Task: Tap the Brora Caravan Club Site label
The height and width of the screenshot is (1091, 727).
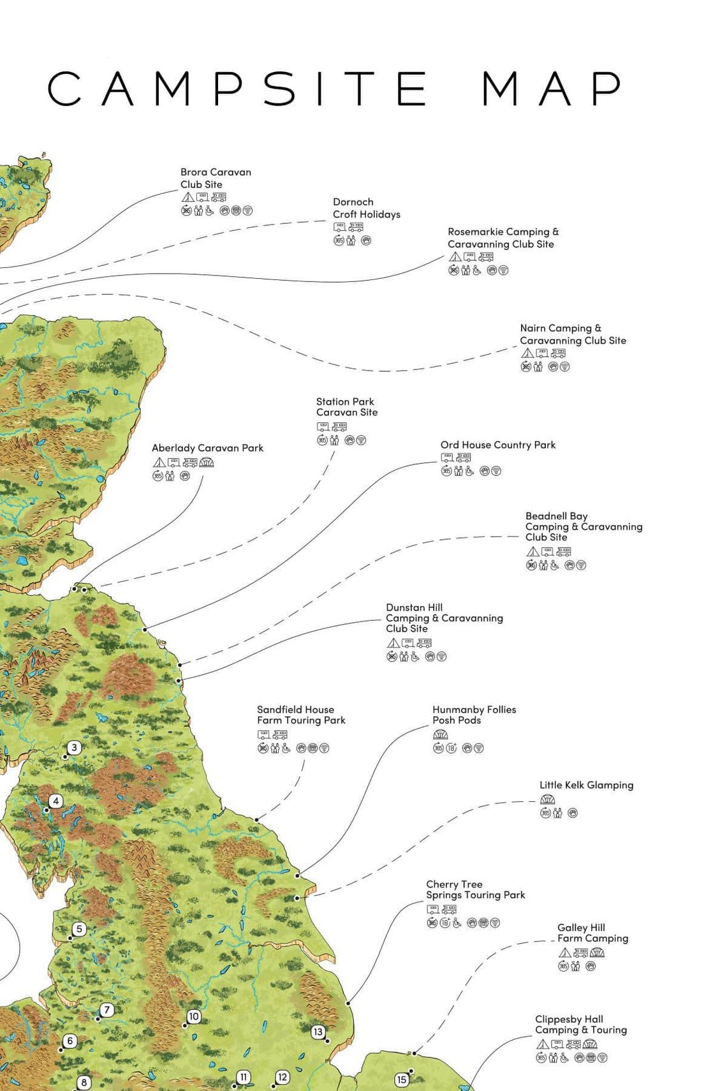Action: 216,178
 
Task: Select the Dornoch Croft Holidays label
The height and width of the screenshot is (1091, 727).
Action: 366,208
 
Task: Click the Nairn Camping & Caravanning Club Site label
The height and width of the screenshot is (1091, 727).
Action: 572,334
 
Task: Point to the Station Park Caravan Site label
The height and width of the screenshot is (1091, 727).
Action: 346,406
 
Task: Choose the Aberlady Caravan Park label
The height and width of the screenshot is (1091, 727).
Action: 207,448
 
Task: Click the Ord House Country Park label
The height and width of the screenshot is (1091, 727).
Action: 497,445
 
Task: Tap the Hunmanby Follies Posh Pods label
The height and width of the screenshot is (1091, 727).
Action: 474,715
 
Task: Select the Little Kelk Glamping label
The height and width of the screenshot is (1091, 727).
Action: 586,785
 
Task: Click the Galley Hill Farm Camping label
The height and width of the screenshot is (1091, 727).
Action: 592,933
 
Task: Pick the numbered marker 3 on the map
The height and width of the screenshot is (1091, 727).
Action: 75,747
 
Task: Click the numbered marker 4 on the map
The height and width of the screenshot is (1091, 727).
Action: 56,801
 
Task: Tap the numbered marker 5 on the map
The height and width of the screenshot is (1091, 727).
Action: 79,929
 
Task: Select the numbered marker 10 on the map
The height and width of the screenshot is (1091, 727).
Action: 194,1016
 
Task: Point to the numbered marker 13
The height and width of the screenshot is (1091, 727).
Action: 318,1032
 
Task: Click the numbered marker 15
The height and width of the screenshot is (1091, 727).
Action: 401,1080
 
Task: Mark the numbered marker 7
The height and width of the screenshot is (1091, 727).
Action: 107,1010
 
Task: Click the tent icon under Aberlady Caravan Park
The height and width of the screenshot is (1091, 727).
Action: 159,463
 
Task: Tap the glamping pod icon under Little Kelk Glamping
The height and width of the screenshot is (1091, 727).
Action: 547,799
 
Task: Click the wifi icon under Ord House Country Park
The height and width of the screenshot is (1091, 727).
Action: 496,471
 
